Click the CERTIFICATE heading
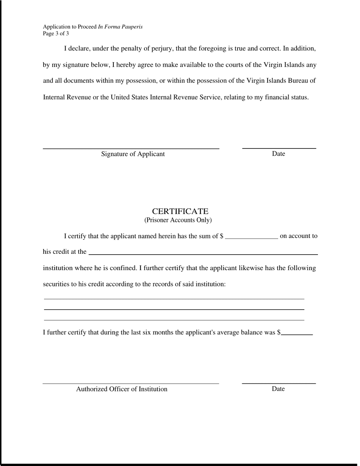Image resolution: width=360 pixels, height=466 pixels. [x=180, y=211]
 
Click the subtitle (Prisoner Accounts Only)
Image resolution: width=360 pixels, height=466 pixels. [x=178, y=220]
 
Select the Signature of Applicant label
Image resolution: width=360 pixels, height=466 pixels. [x=133, y=154]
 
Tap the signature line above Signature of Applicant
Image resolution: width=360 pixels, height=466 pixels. [x=131, y=149]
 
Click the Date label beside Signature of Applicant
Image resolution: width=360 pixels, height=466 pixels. [x=278, y=153]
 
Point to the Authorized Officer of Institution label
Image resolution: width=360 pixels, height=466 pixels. [x=122, y=389]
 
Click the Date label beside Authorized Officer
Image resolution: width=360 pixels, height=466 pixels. [x=278, y=389]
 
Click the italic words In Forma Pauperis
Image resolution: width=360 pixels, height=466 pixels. [x=120, y=27]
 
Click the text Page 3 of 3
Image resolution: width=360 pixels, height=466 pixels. [x=56, y=34]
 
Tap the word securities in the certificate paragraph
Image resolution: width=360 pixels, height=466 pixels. [x=56, y=284]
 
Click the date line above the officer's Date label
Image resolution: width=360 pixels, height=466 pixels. [x=279, y=383]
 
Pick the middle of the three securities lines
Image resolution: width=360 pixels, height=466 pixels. [x=174, y=310]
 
